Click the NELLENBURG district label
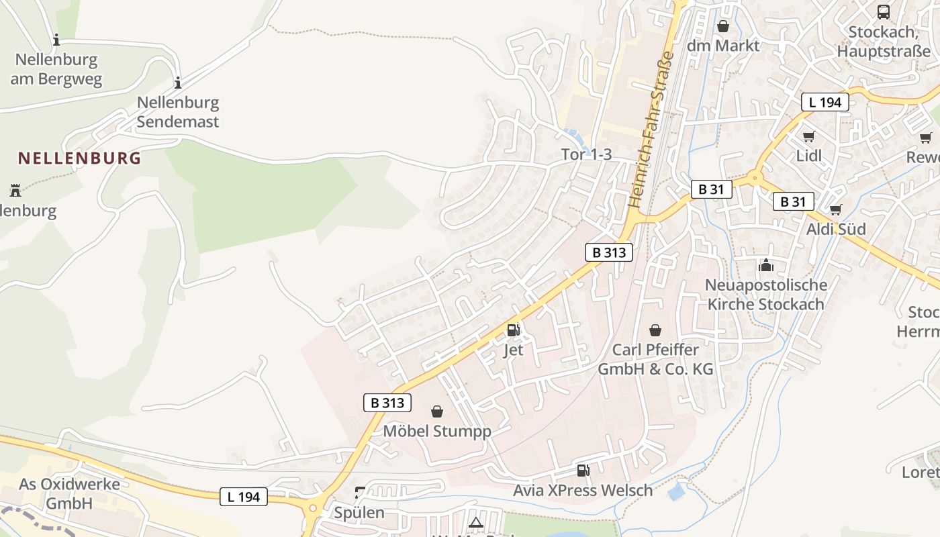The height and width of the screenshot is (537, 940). tap(79, 158)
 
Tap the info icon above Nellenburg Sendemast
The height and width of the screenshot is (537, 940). tap(178, 83)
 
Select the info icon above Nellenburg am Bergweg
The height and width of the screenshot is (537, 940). tap(56, 40)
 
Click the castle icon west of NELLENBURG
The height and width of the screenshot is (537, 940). tap(15, 190)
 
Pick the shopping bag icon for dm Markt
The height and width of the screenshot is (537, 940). tap(723, 26)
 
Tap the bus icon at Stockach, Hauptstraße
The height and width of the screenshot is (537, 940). tap(884, 11)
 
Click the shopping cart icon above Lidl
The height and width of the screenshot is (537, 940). tap(808, 137)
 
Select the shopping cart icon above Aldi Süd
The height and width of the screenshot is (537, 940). tap(835, 210)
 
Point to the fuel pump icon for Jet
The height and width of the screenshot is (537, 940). tap(513, 330)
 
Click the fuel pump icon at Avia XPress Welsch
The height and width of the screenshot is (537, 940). tap(583, 471)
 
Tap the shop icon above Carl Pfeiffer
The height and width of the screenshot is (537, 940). tap(655, 330)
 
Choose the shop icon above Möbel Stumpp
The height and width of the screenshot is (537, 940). tap(437, 411)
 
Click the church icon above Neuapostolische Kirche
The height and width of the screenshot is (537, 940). tap(765, 266)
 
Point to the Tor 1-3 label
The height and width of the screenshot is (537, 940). tap(586, 154)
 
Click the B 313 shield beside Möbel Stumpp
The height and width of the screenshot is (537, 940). tap(387, 403)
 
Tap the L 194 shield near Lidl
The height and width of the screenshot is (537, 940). tap(825, 103)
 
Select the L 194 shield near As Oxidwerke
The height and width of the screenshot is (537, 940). tap(244, 497)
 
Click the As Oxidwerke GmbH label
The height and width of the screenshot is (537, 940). tap(69, 493)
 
